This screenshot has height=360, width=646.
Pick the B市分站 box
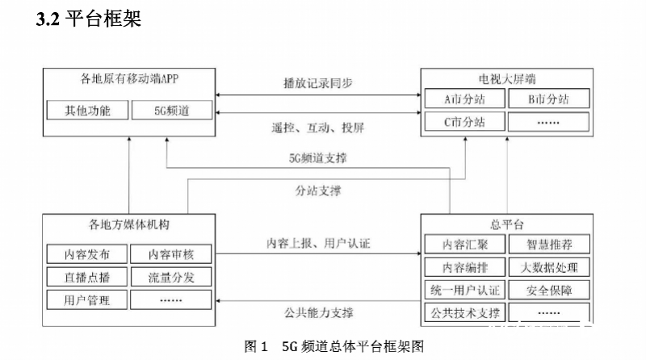tap(549, 100)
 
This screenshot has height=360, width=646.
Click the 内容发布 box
tap(87, 255)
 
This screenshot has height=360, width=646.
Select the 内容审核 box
tap(171, 255)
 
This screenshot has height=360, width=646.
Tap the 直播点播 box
tap(87, 278)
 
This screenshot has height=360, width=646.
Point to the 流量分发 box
tap(171, 278)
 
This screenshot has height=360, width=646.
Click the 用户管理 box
tap(87, 300)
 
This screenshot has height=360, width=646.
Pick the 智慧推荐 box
tap(549, 244)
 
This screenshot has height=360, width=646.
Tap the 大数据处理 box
tap(549, 267)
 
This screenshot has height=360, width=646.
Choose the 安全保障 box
tap(549, 290)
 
